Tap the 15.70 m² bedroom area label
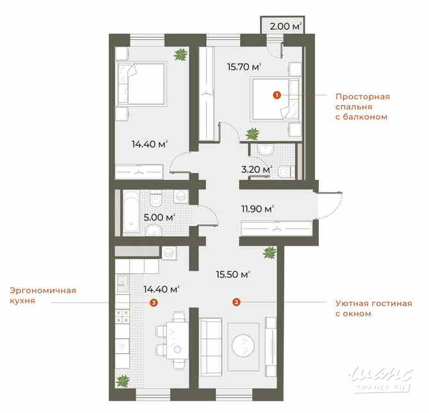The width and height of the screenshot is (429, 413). pyautogui.click(x=245, y=67)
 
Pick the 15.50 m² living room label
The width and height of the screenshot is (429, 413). pyautogui.click(x=232, y=275)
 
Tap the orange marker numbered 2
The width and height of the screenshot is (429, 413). pyautogui.click(x=236, y=302)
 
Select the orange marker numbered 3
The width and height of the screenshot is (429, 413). pyautogui.click(x=152, y=303)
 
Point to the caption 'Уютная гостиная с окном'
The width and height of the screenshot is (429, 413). pyautogui.click(x=373, y=309)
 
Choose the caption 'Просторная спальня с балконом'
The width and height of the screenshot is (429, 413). pyautogui.click(x=362, y=107)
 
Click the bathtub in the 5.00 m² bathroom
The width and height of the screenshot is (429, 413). pyautogui.click(x=131, y=212)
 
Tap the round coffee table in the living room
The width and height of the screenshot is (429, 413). pyautogui.click(x=243, y=346)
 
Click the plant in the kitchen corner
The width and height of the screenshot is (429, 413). pyautogui.click(x=122, y=382)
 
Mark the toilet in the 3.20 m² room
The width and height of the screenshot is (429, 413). pyautogui.click(x=287, y=172)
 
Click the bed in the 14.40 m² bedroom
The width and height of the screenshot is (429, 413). pyautogui.click(x=142, y=84)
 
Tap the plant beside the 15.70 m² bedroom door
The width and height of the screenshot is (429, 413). pyautogui.click(x=254, y=134)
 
